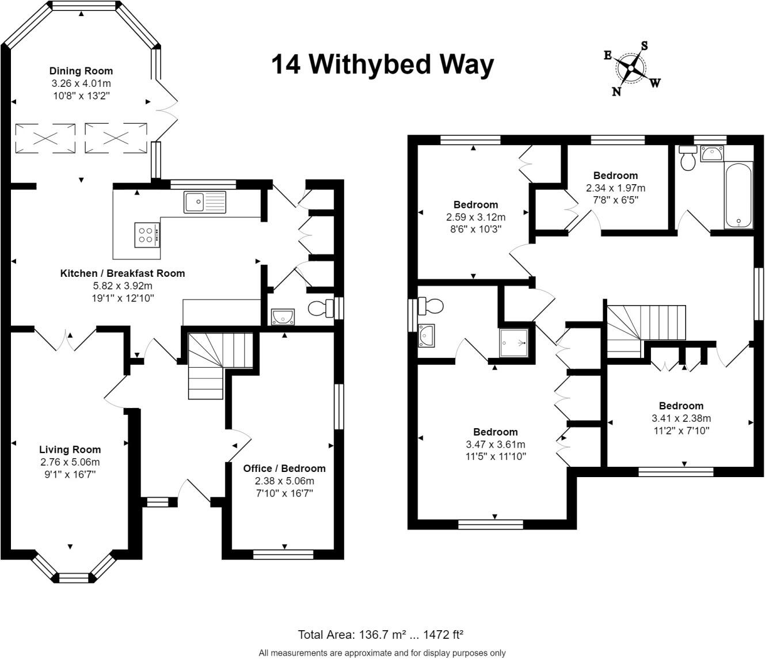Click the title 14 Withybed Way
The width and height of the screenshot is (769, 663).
382,65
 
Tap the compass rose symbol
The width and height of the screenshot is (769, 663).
631,68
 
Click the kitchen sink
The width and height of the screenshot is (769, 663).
204,202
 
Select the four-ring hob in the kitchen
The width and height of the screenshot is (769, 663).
147,235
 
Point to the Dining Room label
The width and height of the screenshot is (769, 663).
81,71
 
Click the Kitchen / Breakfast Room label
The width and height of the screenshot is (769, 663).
123,273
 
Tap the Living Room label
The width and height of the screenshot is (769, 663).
70,449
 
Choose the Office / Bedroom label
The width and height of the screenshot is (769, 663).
284,468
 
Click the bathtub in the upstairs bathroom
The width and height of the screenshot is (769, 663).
738,195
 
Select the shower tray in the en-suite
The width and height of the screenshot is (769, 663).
514,342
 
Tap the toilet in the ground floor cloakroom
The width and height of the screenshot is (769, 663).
321,308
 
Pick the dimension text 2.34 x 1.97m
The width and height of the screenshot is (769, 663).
615,188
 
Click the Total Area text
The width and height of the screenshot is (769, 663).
380,634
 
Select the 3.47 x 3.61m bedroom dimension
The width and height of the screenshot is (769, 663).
496,444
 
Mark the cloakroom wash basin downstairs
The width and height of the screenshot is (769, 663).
283,317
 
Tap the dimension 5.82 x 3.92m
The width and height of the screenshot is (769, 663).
123,285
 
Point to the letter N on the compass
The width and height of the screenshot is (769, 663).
616,91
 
